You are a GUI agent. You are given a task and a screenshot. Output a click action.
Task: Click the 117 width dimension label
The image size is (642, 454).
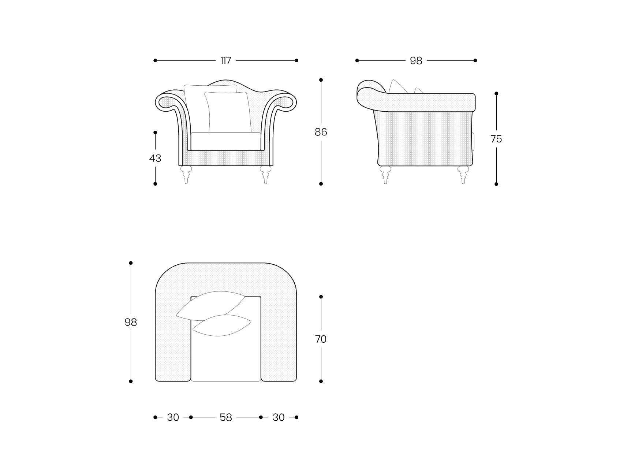(x=226, y=60)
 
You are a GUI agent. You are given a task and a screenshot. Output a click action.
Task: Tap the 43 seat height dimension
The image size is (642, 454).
(x=155, y=158)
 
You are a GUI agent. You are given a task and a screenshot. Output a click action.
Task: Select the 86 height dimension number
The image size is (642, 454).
(x=321, y=132)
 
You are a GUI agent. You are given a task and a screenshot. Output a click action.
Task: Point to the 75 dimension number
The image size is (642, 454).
(x=496, y=139)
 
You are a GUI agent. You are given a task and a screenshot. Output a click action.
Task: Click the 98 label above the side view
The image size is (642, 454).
(x=416, y=60)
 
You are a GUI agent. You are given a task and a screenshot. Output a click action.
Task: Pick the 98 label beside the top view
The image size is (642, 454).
(x=131, y=322)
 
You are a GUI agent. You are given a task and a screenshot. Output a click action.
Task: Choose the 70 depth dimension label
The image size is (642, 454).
(x=321, y=339)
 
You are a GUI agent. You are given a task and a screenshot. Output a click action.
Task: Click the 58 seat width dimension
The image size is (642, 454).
(x=226, y=417)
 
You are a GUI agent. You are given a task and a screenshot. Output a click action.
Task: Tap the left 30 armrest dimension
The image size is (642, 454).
(x=173, y=417)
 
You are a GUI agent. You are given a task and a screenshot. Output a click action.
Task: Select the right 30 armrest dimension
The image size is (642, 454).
(x=279, y=417)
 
